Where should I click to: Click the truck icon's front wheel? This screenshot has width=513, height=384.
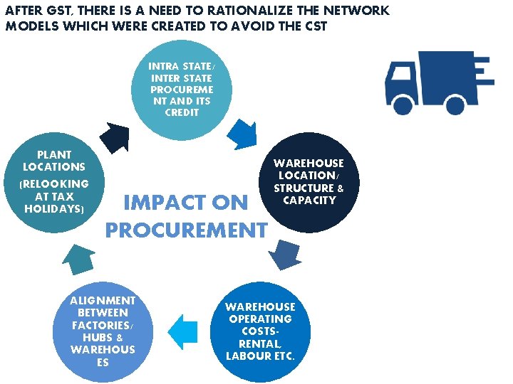(x=403, y=105)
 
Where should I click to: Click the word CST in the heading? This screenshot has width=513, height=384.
(x=314, y=26)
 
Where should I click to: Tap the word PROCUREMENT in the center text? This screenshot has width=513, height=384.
(x=186, y=230)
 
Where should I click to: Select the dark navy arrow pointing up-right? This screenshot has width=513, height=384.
(x=114, y=135)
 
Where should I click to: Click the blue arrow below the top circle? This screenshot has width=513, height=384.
(x=243, y=133)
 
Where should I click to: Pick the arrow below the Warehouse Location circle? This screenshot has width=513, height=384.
(x=286, y=255)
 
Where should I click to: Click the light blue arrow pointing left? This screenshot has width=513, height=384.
(x=183, y=332)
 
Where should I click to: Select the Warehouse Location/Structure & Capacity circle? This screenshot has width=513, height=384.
(x=309, y=182)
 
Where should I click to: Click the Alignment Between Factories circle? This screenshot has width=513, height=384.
(x=103, y=332)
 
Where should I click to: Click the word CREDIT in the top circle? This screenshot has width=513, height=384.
(x=182, y=112)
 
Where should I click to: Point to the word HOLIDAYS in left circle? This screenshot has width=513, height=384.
(x=54, y=209)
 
